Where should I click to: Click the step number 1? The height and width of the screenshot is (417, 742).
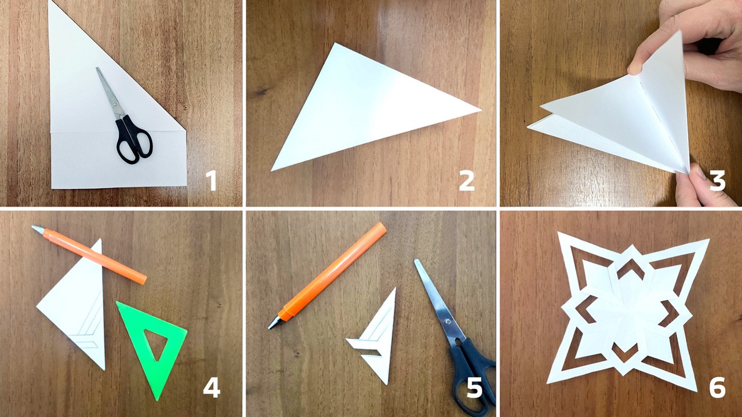click(x=212, y=181)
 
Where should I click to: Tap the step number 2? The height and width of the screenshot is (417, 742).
click(x=467, y=181)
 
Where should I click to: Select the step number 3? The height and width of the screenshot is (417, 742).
click(x=718, y=181)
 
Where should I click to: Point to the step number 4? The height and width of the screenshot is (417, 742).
click(x=212, y=388)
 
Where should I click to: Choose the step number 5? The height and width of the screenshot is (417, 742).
click(x=474, y=388)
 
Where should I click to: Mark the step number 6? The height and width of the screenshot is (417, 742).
click(x=718, y=388)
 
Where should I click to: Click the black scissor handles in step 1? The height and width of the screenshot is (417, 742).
click(x=134, y=139)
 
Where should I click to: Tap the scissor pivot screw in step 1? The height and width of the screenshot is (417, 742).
click(x=115, y=104)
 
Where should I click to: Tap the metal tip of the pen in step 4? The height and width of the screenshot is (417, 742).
click(x=38, y=229)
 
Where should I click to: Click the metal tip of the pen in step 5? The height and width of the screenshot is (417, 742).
click(x=274, y=323)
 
